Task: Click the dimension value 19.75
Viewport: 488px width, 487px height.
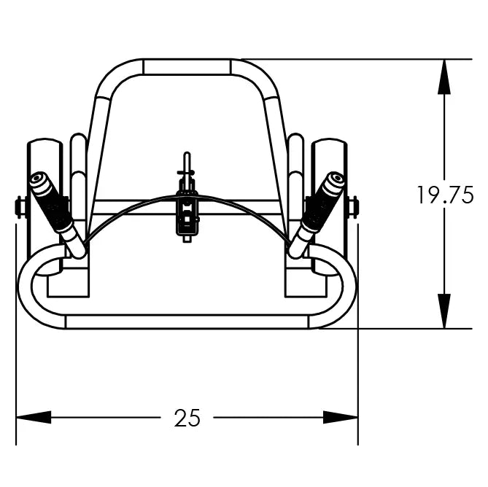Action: [445, 195]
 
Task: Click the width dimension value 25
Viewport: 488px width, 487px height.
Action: [187, 418]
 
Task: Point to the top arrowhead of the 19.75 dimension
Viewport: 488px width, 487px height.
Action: [444, 77]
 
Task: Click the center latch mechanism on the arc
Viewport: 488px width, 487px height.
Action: [187, 213]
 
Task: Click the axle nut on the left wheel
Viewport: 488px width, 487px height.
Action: [20, 208]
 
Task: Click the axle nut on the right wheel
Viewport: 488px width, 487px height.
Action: [355, 208]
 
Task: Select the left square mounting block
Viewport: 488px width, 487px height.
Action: [69, 281]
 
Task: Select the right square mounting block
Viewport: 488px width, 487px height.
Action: [305, 281]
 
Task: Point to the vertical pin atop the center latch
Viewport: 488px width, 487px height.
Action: [187, 162]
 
